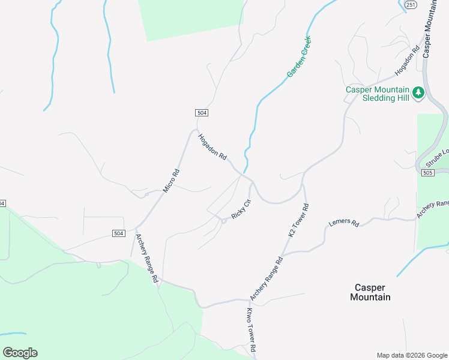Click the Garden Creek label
[x=299, y=57]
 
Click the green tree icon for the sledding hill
[x=418, y=93]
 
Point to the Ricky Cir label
[x=240, y=208]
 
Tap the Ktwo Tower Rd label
[x=252, y=330]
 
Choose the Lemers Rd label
[x=344, y=223]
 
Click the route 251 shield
[x=410, y=4]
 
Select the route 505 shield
[x=427, y=173]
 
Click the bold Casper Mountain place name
[x=370, y=292]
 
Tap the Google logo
[x=20, y=352]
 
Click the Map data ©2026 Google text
[x=412, y=355]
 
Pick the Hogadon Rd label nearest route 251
[x=406, y=62]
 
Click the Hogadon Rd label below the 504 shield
[x=212, y=146]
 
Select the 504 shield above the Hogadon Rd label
[x=202, y=113]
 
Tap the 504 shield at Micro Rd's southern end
[x=118, y=233]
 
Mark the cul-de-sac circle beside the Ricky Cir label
[x=223, y=221]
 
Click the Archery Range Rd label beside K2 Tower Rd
[x=266, y=279]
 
